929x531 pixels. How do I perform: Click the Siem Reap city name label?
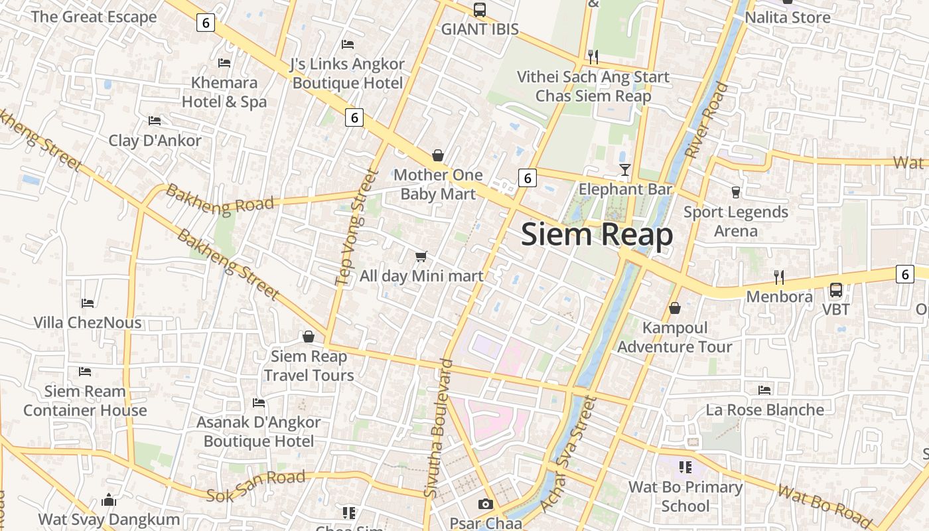point(597,235)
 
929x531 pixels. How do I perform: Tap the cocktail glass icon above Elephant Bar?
point(624,170)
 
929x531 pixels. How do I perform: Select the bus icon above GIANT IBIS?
point(479,10)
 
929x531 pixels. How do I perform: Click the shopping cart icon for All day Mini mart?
point(421,256)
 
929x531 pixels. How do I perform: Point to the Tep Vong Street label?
point(356,228)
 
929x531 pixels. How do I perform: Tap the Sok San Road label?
point(255,486)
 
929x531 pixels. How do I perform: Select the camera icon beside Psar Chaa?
point(486,504)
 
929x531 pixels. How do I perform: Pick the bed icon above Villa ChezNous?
point(88,303)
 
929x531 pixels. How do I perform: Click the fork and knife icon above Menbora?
point(779,277)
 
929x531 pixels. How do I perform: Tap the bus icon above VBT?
point(835,290)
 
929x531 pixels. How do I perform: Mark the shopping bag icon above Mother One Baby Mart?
point(438,155)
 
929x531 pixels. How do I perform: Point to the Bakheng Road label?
point(220,200)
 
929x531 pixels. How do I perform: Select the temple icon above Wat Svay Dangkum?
point(109,500)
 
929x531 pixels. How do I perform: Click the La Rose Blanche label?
point(764,410)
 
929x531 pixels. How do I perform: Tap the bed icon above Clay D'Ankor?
point(155,121)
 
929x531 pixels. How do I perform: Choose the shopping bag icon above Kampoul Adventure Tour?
point(675,308)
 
